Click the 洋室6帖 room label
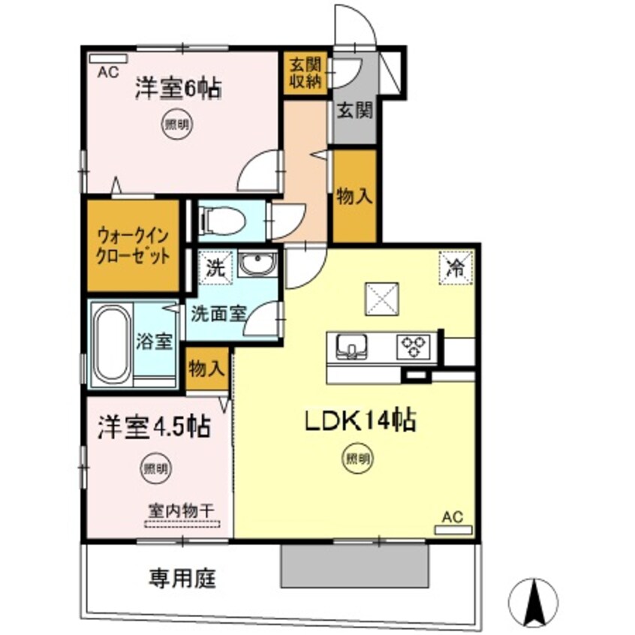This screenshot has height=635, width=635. pyautogui.click(x=177, y=89)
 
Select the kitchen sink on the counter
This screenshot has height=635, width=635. pyautogui.click(x=351, y=346)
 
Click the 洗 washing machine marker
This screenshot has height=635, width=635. pyautogui.click(x=216, y=266)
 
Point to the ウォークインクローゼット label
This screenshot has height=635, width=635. pyautogui.click(x=133, y=245)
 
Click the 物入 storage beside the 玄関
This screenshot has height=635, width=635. pyautogui.click(x=354, y=197)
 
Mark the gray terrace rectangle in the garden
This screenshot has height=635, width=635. pyautogui.click(x=354, y=565)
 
